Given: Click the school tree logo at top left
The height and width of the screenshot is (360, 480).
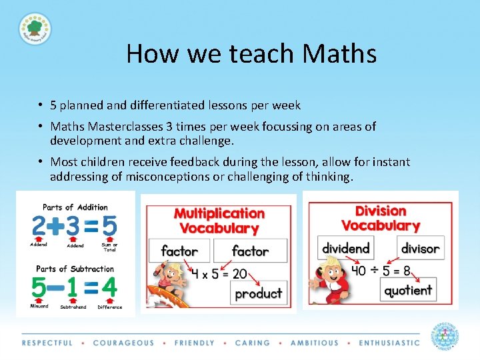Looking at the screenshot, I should tap(35, 29).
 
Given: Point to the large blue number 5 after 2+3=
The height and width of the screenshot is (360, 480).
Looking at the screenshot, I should tap(109, 227).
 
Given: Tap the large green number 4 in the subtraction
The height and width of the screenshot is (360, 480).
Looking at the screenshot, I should tap(109, 288).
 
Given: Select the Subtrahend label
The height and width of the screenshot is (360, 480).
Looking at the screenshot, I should tap(73, 307).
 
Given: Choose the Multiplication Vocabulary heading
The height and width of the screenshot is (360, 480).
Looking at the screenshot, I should tap(219, 221).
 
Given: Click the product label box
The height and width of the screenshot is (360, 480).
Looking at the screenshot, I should tap(259, 293).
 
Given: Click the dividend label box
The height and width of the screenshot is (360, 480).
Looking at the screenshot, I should tap(345, 248).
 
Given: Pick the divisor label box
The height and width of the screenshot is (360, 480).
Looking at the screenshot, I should tap(420, 248).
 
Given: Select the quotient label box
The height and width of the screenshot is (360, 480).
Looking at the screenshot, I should tap(409, 290).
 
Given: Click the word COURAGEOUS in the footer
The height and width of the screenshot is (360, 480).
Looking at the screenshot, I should tap(123, 343).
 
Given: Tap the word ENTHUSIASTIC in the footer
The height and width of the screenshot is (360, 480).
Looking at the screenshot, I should tap(389, 343).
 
